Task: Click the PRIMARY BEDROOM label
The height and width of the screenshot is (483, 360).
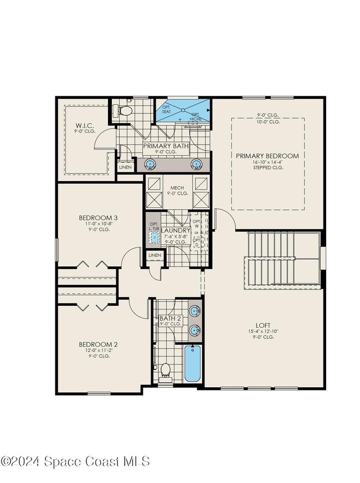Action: click(x=267, y=156)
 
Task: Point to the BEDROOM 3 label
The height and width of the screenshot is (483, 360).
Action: click(x=97, y=218)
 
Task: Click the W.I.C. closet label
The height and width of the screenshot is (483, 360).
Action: click(x=85, y=126)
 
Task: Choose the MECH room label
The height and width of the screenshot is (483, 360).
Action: click(x=177, y=187)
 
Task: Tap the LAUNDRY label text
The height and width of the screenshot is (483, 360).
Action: click(x=176, y=230)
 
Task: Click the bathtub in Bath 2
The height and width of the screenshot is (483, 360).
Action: click(x=192, y=363)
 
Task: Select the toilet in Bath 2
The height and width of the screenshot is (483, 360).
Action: click(x=165, y=369)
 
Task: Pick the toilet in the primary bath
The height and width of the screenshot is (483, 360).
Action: click(x=124, y=111)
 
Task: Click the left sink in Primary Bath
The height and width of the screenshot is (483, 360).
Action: click(x=150, y=163)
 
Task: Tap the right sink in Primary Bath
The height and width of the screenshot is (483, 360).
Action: click(x=196, y=163)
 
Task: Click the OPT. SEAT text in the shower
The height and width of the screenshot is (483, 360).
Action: click(x=166, y=110)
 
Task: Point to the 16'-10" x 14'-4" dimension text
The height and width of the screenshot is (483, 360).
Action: click(x=267, y=162)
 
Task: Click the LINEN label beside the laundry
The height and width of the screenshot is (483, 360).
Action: click(x=155, y=255)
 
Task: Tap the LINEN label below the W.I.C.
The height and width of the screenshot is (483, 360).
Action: click(x=125, y=167)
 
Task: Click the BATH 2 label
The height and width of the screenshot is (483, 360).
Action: click(x=170, y=318)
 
